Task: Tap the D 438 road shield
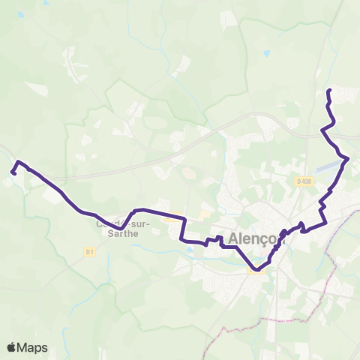tap(303, 181)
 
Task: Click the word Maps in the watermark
tap(33, 347)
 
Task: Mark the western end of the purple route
tap(13, 172)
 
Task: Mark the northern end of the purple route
tap(329, 91)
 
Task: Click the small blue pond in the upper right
tap(266, 53)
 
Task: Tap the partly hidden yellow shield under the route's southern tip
tap(253, 273)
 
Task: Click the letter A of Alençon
tap(230, 237)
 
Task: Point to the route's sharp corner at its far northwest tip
tap(18, 162)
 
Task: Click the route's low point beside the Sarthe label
tap(120, 229)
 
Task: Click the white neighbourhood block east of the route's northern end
tap(346, 95)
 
